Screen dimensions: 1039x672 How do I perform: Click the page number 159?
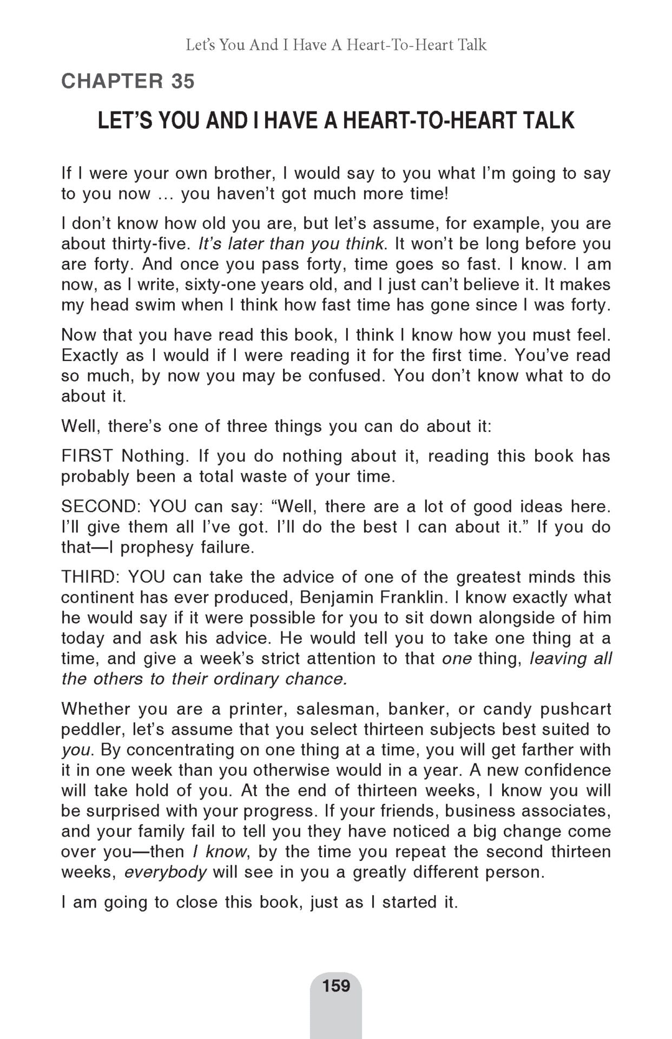336,985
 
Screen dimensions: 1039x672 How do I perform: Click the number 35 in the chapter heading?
182,82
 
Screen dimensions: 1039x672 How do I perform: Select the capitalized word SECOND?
100,507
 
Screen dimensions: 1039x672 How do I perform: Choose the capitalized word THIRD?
88,577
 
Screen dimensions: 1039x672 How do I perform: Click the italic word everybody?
166,872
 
